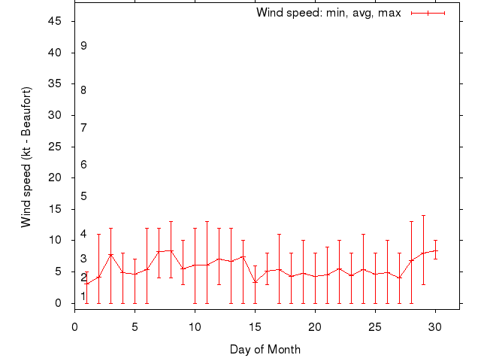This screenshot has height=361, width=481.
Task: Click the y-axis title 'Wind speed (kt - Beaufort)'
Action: tap(26, 157)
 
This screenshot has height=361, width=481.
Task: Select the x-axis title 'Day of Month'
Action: tap(265, 349)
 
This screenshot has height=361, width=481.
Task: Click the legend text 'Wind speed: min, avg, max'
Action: tap(328, 13)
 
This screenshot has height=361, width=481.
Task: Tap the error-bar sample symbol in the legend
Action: tap(428, 13)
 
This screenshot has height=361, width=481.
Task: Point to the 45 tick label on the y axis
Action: tap(55, 21)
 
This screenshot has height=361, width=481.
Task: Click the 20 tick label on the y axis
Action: tap(55, 177)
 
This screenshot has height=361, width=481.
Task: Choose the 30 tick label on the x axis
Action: tap(435, 327)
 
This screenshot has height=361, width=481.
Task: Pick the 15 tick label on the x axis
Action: tap(255, 327)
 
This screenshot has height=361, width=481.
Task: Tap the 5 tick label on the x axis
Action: tap(135, 327)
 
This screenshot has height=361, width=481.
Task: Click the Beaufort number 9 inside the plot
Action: tap(84, 46)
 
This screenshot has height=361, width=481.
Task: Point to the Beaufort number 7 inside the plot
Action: tap(84, 127)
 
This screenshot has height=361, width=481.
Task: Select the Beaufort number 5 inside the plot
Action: tap(84, 196)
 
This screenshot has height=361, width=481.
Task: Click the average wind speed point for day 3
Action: tap(110, 255)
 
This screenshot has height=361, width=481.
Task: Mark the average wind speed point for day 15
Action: tap(255, 282)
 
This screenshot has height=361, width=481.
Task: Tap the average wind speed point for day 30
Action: tap(435, 250)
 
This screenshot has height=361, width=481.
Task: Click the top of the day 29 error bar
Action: tap(423, 216)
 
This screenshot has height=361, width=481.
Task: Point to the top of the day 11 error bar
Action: tap(207, 222)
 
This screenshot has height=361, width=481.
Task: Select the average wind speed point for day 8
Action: tap(171, 250)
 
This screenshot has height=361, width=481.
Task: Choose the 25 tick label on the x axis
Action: tap(375, 327)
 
